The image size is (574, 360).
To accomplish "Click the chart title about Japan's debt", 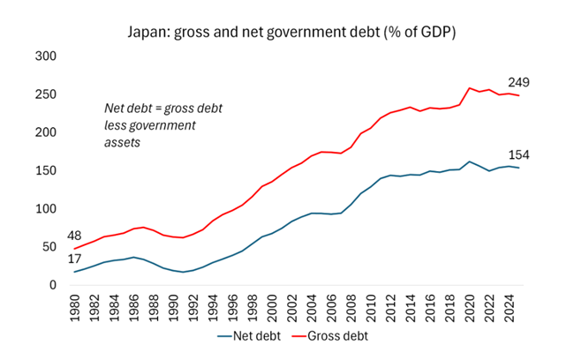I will tap(289, 32).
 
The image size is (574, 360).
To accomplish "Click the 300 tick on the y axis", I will tap(44, 56).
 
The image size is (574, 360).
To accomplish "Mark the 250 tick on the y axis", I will tap(44, 94).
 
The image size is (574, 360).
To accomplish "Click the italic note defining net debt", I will tap(163, 124).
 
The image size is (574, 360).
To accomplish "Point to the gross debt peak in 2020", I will tap(469, 88).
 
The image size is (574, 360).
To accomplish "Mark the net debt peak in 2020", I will tap(469, 162).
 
